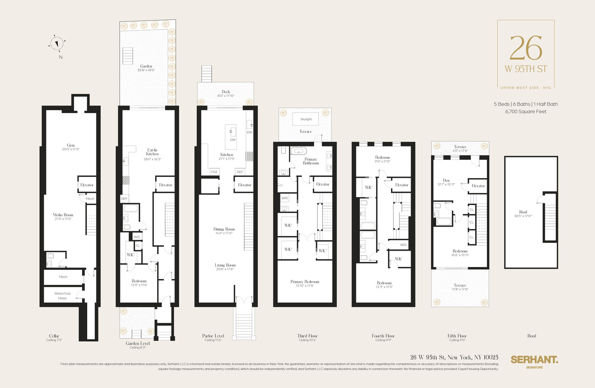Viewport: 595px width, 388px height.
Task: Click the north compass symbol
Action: coord(58,43)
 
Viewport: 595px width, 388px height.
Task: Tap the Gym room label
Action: coord(71,146)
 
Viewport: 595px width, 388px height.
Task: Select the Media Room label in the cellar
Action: coord(63,215)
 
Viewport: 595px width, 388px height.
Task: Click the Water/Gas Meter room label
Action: coord(62,296)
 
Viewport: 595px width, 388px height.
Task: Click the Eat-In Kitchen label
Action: coord(152,152)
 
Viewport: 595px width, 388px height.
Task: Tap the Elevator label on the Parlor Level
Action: coord(244,185)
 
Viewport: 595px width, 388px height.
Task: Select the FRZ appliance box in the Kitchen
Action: coord(214,172)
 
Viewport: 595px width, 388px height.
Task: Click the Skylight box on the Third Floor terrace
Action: coord(306,119)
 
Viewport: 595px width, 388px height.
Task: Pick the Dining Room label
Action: coord(224,229)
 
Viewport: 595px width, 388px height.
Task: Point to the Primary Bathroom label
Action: coord(311,161)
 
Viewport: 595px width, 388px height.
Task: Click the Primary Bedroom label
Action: coord(305,282)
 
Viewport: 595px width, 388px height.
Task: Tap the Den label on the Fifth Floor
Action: coord(446,181)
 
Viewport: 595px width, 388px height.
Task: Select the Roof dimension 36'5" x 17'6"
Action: coord(523,216)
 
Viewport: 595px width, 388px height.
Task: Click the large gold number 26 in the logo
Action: coord(526,48)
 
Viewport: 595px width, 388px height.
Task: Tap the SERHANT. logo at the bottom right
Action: coord(534,360)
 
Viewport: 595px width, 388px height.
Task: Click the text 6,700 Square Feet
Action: coord(526,111)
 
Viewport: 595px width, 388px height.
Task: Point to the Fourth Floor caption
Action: coord(383,336)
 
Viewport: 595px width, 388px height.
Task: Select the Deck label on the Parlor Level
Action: coord(226,92)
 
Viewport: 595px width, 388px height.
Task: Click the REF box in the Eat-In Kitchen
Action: coord(124,199)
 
